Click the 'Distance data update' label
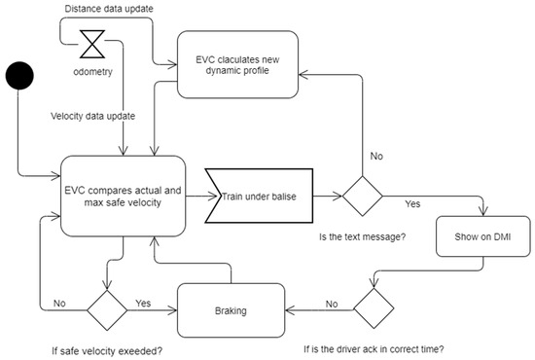[107, 9]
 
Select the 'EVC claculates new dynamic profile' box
[238, 64]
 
